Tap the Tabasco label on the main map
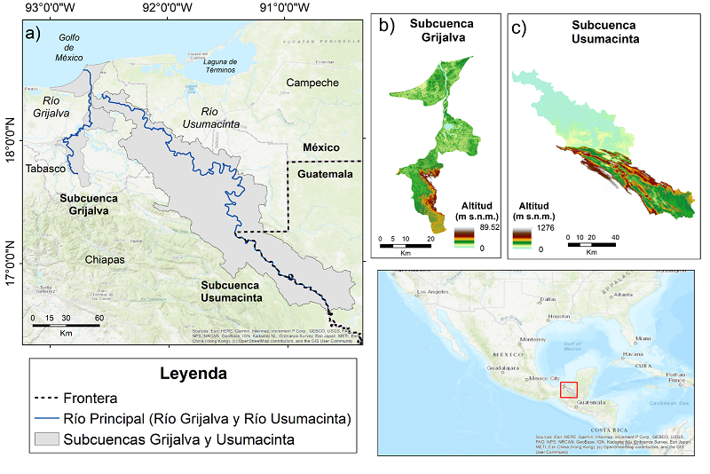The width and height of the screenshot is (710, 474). coord(46,168)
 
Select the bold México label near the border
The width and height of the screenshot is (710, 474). coord(321,146)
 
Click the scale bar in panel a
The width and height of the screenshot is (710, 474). coord(66,325)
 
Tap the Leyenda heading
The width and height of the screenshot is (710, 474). coord(193,375)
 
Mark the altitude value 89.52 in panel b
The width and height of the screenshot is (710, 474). coord(490,227)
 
